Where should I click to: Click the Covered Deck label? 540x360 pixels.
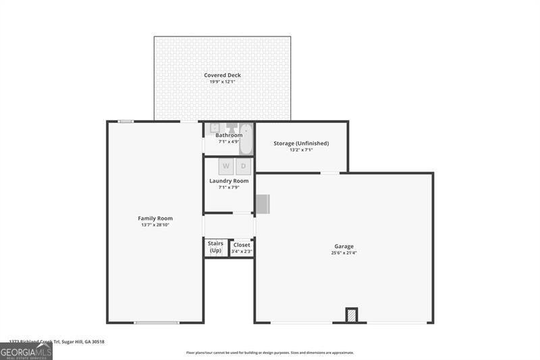[222, 75]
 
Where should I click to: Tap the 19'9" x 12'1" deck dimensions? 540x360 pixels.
[222, 82]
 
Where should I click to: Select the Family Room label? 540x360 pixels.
[155, 218]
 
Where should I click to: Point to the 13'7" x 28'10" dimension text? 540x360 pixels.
[155, 225]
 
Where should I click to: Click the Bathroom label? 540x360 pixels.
[229, 135]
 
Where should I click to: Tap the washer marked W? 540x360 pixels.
[226, 166]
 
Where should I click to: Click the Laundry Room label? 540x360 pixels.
[229, 181]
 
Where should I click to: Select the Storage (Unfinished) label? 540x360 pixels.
[301, 143]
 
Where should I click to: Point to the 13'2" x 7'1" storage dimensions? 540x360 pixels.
[301, 150]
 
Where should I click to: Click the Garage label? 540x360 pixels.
[344, 247]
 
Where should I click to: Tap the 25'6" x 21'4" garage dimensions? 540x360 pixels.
[344, 253]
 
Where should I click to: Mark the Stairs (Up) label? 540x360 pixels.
[215, 247]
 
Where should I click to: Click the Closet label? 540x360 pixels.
[242, 245]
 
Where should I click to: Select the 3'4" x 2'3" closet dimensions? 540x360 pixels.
[242, 252]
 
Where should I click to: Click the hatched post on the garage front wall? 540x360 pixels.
[351, 315]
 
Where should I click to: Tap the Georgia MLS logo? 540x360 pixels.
[26, 351]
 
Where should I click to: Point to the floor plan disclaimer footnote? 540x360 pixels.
[270, 353]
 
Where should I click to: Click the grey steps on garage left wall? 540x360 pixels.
[263, 203]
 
